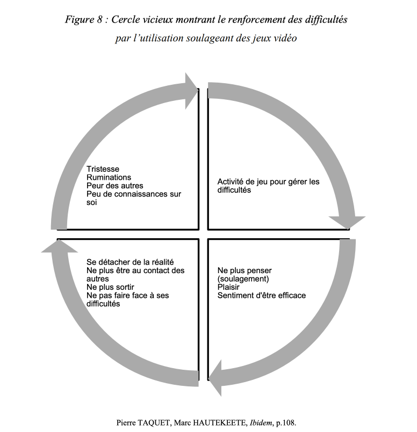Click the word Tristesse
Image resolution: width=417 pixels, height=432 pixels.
[x=103, y=169]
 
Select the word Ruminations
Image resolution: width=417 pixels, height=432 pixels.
[x=109, y=177]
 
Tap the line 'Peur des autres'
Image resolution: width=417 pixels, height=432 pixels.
[x=115, y=186]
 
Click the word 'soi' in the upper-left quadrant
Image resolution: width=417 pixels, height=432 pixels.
[x=91, y=202]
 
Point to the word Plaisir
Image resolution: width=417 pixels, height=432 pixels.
[x=228, y=287]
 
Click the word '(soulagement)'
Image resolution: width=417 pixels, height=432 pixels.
[x=243, y=279]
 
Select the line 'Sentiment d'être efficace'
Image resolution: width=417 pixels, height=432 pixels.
[x=262, y=295]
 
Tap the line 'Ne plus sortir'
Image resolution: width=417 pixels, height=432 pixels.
[x=110, y=287]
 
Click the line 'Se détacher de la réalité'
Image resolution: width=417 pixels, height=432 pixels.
[x=130, y=262]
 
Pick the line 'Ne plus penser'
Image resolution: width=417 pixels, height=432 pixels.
[x=245, y=270]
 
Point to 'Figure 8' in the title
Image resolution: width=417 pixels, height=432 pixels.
[x=84, y=19]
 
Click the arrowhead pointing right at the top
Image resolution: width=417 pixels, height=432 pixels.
[x=191, y=91]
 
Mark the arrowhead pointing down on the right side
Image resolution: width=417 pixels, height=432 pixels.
[x=347, y=223]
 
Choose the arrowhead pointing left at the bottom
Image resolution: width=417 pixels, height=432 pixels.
[x=215, y=378]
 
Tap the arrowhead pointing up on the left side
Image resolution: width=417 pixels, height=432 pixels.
[x=59, y=246]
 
